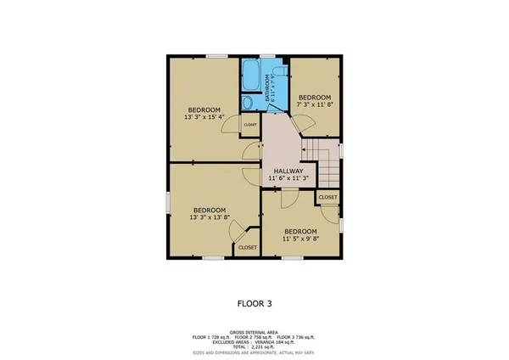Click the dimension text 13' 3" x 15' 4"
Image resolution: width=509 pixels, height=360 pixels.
coord(204,118)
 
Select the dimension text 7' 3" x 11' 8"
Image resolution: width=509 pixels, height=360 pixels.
coord(316,103)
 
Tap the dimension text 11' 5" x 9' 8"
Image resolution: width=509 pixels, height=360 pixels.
coord(300,239)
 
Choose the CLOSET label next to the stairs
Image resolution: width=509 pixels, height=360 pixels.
coord(327,197)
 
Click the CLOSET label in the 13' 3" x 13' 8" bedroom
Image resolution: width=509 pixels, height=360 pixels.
coord(247,247)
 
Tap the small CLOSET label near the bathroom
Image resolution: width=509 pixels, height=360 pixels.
coord(250,125)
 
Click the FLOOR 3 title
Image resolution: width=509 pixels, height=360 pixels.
coord(254,301)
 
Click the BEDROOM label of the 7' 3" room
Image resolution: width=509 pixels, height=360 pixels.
coord(316,96)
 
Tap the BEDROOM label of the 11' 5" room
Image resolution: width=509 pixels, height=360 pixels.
coord(300,232)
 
